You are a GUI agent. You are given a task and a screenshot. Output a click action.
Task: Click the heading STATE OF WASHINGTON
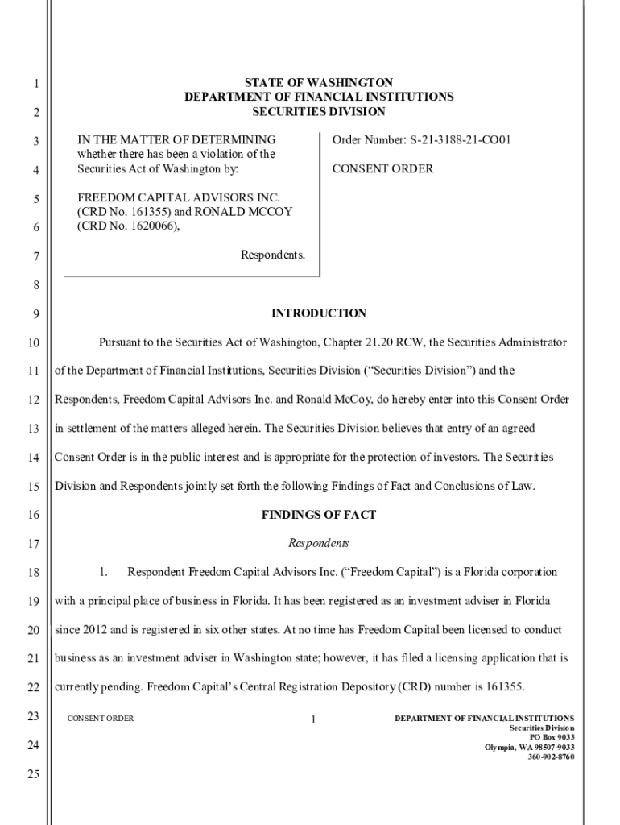tap(319, 83)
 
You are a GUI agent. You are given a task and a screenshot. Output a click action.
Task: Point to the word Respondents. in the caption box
tap(273, 255)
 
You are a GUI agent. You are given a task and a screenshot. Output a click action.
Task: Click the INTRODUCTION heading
tap(319, 313)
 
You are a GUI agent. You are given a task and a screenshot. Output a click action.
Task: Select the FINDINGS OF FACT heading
tap(319, 515)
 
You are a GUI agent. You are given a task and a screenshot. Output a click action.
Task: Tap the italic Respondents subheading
tap(319, 544)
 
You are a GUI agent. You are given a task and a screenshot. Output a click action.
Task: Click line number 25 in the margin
tap(33, 775)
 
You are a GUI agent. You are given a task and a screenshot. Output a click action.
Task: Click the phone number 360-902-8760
tap(551, 757)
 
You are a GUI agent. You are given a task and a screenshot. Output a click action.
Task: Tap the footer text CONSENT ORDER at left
tap(101, 718)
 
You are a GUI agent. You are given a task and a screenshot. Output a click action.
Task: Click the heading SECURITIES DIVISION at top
tap(319, 112)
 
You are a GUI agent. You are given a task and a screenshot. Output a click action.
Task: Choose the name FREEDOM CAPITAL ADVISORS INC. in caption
tap(178, 198)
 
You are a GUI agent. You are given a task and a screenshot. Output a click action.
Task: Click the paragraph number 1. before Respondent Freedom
tap(104, 573)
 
